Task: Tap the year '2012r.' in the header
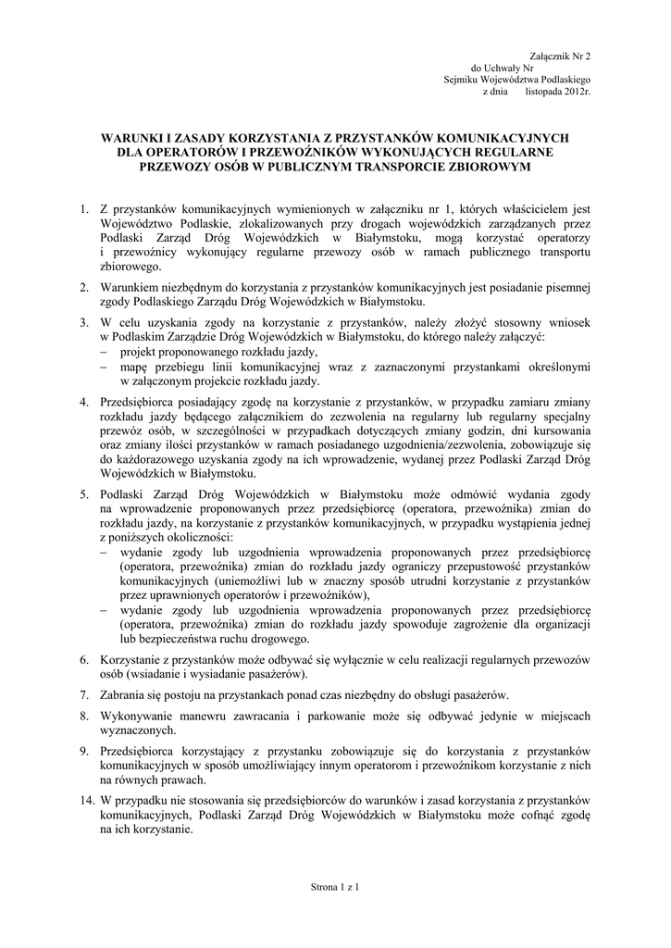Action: pyautogui.click(x=575, y=94)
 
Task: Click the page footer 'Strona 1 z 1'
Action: pyautogui.click(x=335, y=888)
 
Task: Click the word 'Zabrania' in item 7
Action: pyautogui.click(x=123, y=695)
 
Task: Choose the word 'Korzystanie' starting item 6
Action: pyautogui.click(x=134, y=659)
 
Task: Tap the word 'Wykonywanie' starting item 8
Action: pyautogui.click(x=139, y=716)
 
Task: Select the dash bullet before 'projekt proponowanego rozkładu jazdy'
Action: pyautogui.click(x=104, y=353)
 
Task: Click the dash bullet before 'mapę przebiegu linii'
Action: pyautogui.click(x=104, y=368)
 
